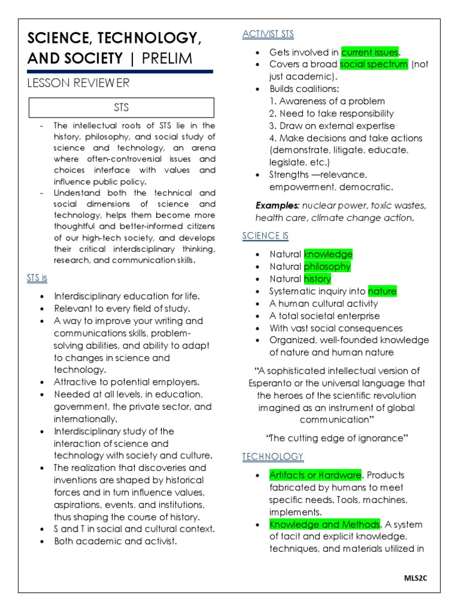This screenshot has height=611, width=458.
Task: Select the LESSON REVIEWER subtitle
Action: [78, 83]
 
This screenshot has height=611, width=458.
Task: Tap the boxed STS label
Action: [121, 108]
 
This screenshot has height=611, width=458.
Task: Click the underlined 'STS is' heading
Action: [37, 278]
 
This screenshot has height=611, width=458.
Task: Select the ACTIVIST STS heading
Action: [268, 34]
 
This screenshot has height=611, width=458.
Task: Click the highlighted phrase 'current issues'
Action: [370, 52]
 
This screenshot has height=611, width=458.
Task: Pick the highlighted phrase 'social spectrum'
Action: [374, 64]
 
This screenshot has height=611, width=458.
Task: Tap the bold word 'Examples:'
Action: [277, 205]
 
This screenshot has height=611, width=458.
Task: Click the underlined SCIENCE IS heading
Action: [265, 236]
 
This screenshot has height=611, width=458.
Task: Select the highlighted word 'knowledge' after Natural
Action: [328, 254]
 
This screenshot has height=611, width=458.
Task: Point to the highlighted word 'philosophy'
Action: [327, 267]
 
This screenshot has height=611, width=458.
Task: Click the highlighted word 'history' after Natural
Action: [317, 279]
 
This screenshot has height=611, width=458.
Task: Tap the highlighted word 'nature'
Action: [382, 291]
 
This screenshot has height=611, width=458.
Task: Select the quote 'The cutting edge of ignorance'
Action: [338, 438]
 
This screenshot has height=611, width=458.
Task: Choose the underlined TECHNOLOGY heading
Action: [273, 456]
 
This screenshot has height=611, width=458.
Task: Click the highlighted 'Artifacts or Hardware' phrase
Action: [315, 475]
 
